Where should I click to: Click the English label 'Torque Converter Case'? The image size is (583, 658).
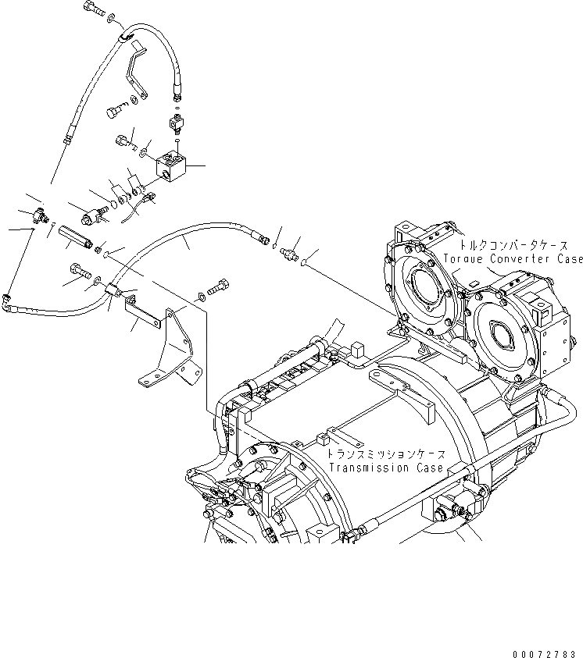coord(513,259)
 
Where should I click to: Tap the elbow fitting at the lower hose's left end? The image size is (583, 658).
coord(8,298)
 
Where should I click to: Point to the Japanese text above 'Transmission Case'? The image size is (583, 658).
coord(385,454)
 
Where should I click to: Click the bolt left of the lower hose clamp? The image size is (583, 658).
coord(79,272)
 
